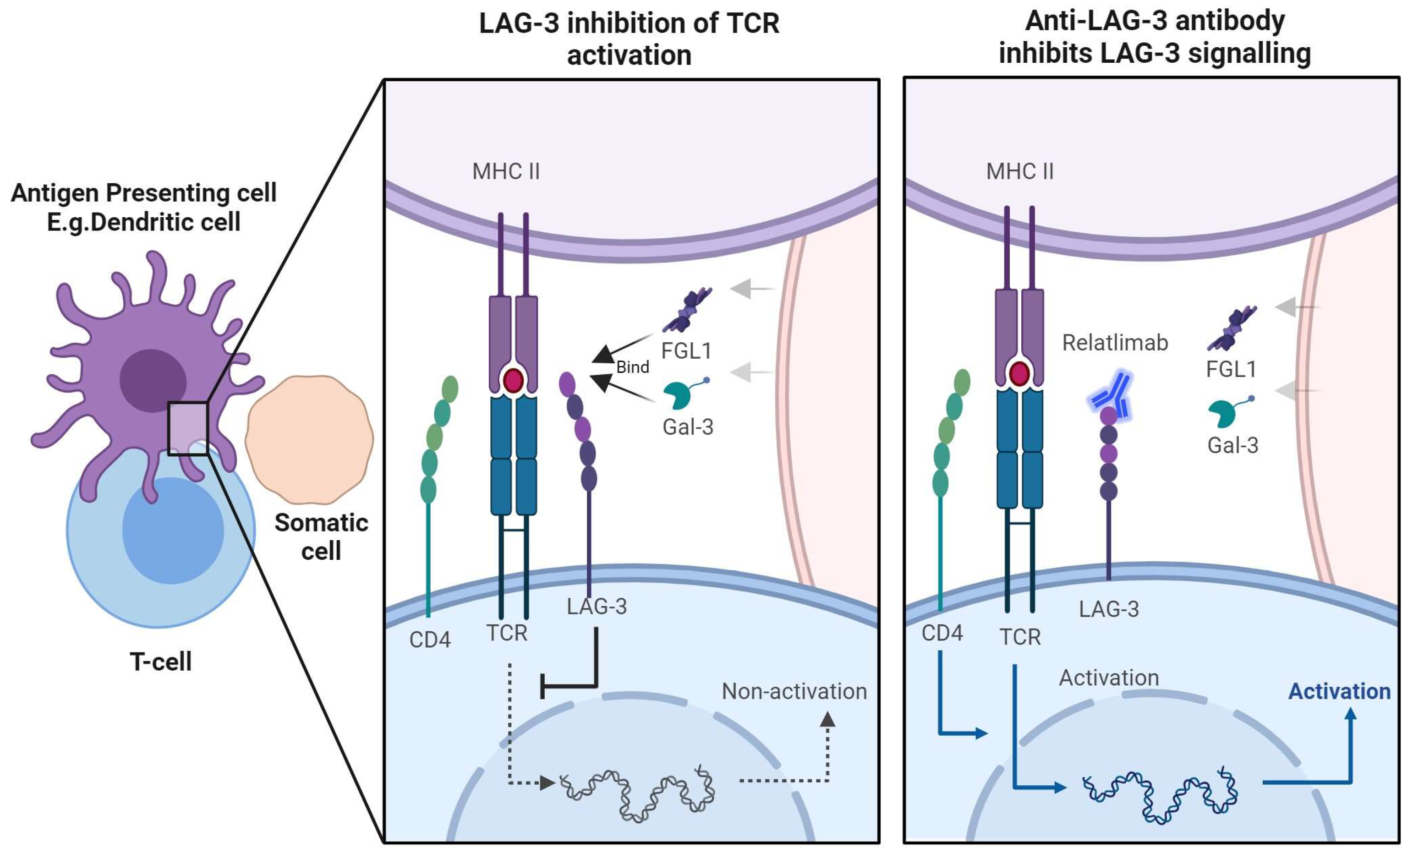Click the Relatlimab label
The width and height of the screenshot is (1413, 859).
1115,343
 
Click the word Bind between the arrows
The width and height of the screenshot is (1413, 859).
633,367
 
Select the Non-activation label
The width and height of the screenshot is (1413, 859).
794,692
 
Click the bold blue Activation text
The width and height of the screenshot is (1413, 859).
1339,692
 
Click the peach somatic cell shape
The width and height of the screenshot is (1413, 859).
310,439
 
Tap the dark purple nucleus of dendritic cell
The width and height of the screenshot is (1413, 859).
153,380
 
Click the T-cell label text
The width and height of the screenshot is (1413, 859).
160,662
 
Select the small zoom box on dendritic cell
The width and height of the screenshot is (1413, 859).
187,429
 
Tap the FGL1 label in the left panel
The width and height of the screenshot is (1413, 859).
686,351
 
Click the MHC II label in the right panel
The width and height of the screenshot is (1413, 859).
1019,171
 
